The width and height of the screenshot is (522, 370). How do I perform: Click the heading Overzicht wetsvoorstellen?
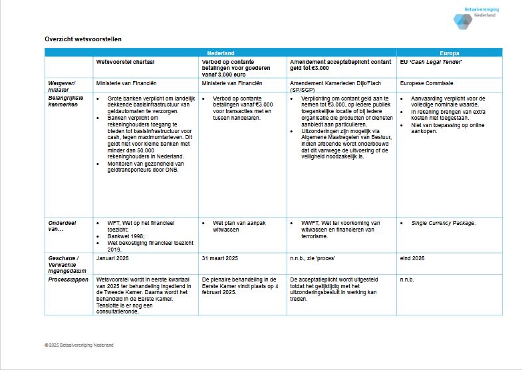pyautogui.click(x=83, y=39)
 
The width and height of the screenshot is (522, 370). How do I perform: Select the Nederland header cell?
pyautogui.click(x=220, y=53)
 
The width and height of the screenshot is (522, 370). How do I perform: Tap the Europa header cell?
pyautogui.click(x=450, y=53)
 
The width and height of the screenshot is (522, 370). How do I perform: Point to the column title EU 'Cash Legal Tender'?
pyautogui.click(x=432, y=62)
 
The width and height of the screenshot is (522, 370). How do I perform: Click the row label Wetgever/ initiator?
pyautogui.click(x=62, y=87)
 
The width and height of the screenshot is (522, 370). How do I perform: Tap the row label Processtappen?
pyautogui.click(x=68, y=279)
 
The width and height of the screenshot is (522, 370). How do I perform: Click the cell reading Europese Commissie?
pyautogui.click(x=427, y=84)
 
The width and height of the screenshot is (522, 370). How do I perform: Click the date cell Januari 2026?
pyautogui.click(x=114, y=258)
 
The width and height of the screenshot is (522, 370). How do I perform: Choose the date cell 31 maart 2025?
pyautogui.click(x=219, y=258)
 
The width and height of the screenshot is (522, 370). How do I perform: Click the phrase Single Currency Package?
pyautogui.click(x=444, y=223)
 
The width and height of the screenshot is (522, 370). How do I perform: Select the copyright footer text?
pyautogui.click(x=79, y=345)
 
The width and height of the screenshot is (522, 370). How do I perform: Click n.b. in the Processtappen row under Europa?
pyautogui.click(x=406, y=279)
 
